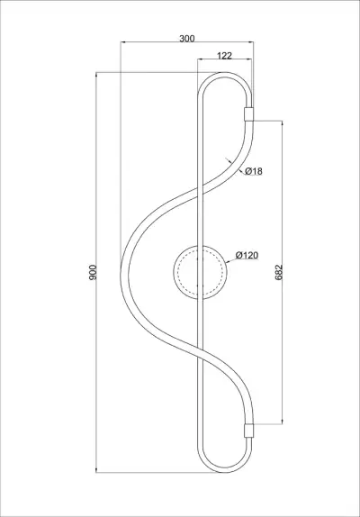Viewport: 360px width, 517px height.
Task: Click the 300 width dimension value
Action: pos(186,40)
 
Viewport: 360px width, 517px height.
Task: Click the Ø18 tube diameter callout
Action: pos(253,171)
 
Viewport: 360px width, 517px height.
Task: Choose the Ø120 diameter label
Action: pos(247,255)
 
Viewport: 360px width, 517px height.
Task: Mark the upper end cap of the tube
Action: pos(249,114)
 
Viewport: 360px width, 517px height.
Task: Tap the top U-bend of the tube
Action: pos(225,76)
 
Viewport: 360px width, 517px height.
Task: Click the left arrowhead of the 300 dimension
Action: pos(123,45)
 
